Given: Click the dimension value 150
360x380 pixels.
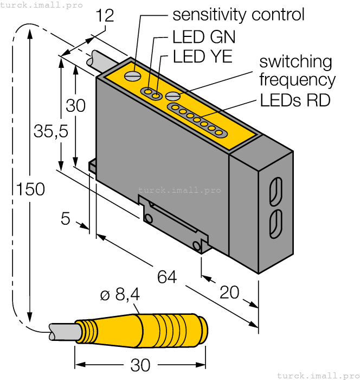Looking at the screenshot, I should click(x=30, y=190).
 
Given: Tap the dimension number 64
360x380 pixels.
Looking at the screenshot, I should click(x=167, y=277).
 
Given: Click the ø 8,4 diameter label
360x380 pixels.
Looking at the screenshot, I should click(x=120, y=295).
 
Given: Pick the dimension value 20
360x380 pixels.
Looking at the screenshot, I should click(x=230, y=293).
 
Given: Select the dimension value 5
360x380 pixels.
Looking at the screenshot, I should click(x=66, y=219).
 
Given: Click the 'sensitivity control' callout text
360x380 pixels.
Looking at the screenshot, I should click(x=238, y=15).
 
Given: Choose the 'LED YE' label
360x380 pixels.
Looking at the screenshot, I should click(x=202, y=56).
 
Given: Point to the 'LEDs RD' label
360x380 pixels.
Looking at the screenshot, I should click(x=295, y=100).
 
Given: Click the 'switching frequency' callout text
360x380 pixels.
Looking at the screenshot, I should click(x=296, y=71).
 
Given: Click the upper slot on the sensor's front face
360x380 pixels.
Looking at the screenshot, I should click(x=275, y=190).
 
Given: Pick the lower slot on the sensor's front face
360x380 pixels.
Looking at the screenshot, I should click(x=275, y=223).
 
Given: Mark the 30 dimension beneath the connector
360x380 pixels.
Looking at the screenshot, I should click(x=140, y=365).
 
